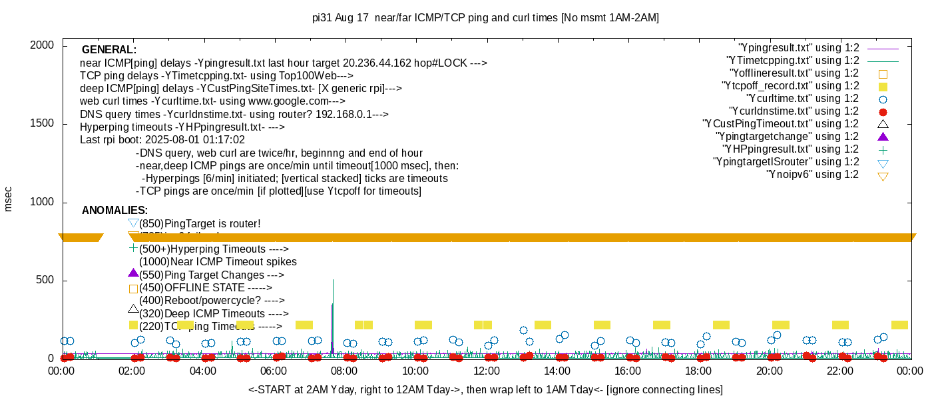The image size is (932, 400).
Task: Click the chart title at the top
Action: click(485, 18)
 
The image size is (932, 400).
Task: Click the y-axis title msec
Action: click(8, 199)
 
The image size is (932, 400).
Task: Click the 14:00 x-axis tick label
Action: click(557, 371)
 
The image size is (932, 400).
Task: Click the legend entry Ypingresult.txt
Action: click(799, 48)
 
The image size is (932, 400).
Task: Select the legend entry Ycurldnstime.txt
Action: click(794, 111)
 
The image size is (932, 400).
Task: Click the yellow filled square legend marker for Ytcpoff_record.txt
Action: click(883, 87)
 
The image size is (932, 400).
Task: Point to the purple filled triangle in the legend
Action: click(883, 137)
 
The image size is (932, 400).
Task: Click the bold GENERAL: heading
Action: click(109, 50)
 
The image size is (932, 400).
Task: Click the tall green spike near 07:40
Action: click(333, 293)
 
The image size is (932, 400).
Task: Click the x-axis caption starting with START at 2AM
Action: click(485, 389)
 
